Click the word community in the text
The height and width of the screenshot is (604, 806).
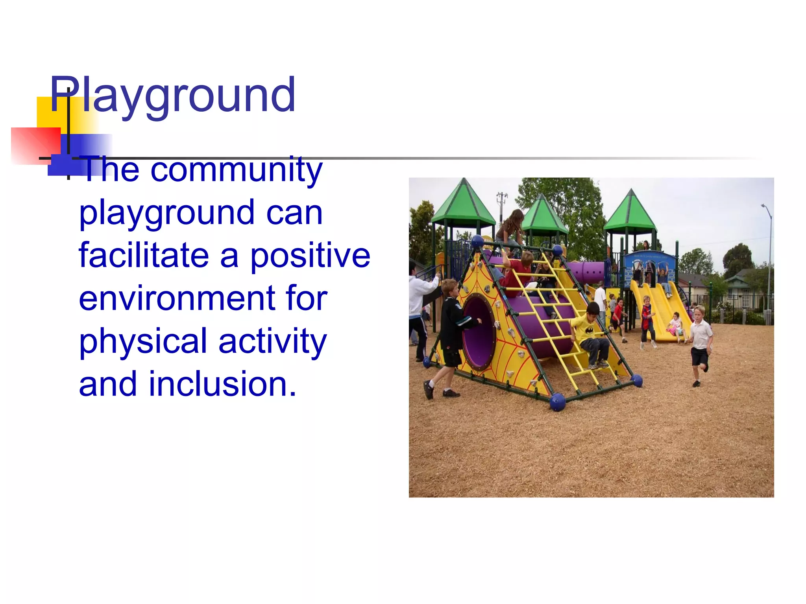pos(236,170)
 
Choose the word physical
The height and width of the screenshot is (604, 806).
pos(143,341)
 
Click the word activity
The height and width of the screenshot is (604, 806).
pos(272,341)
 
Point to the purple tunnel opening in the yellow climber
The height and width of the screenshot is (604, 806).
pos(478,332)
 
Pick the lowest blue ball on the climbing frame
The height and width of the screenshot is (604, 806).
pos(557,402)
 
